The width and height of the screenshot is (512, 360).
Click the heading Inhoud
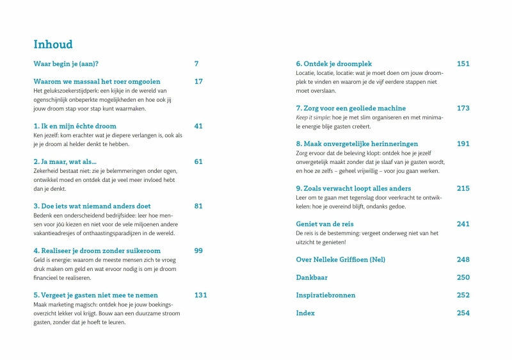click(53, 45)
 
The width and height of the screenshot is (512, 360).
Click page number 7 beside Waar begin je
click(196, 64)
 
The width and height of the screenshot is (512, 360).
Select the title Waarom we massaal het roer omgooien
click(97, 82)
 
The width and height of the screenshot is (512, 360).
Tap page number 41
click(198, 126)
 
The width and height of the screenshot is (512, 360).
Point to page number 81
click(198, 206)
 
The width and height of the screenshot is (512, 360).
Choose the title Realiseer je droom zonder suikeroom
click(97, 251)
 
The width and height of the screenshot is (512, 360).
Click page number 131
click(201, 295)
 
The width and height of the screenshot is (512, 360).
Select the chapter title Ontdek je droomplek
click(333, 64)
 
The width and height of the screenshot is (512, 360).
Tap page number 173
click(463, 109)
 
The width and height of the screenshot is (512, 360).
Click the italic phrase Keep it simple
click(313, 118)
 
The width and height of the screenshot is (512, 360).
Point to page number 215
click(463, 189)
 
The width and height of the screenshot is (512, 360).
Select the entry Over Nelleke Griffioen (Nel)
click(340, 260)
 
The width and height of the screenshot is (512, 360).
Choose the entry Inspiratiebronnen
click(326, 295)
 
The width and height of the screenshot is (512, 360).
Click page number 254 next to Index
click(463, 313)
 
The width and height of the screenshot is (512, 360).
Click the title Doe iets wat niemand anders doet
click(92, 206)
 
